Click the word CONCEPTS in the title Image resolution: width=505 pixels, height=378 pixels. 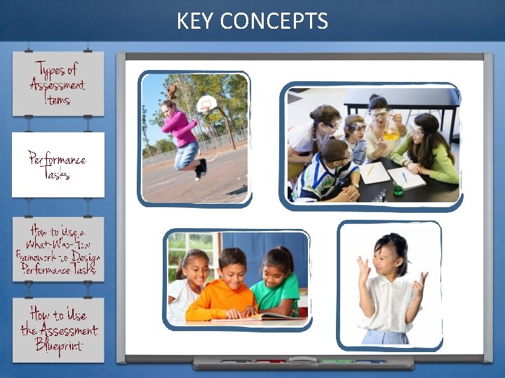point(274,22)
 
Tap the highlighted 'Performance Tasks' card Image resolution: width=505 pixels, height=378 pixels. point(58,165)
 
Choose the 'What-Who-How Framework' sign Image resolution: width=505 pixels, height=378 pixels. point(58,249)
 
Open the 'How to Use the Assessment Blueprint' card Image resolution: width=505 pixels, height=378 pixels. point(58,330)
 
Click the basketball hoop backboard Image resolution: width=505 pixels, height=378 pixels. point(206,104)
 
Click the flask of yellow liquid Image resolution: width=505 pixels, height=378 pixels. point(391,129)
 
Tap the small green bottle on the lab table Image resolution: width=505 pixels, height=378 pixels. point(398,188)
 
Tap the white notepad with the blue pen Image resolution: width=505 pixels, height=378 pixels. point(407,177)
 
